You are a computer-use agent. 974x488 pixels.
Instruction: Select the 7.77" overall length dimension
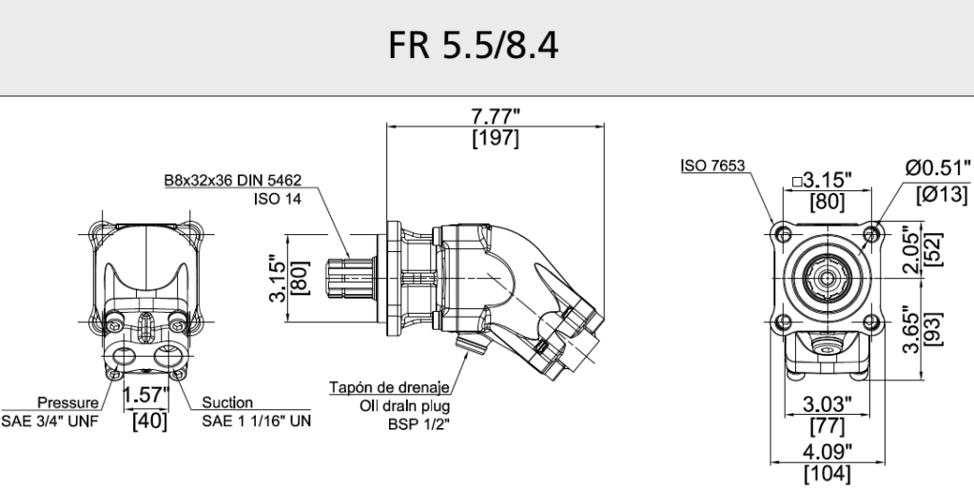click(x=496, y=118)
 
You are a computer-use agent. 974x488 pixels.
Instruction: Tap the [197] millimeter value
click(x=496, y=138)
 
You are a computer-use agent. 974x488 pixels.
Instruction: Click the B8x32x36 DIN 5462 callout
click(x=232, y=179)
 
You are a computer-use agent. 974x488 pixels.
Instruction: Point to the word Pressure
click(x=67, y=402)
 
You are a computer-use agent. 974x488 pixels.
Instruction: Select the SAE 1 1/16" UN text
click(x=257, y=420)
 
